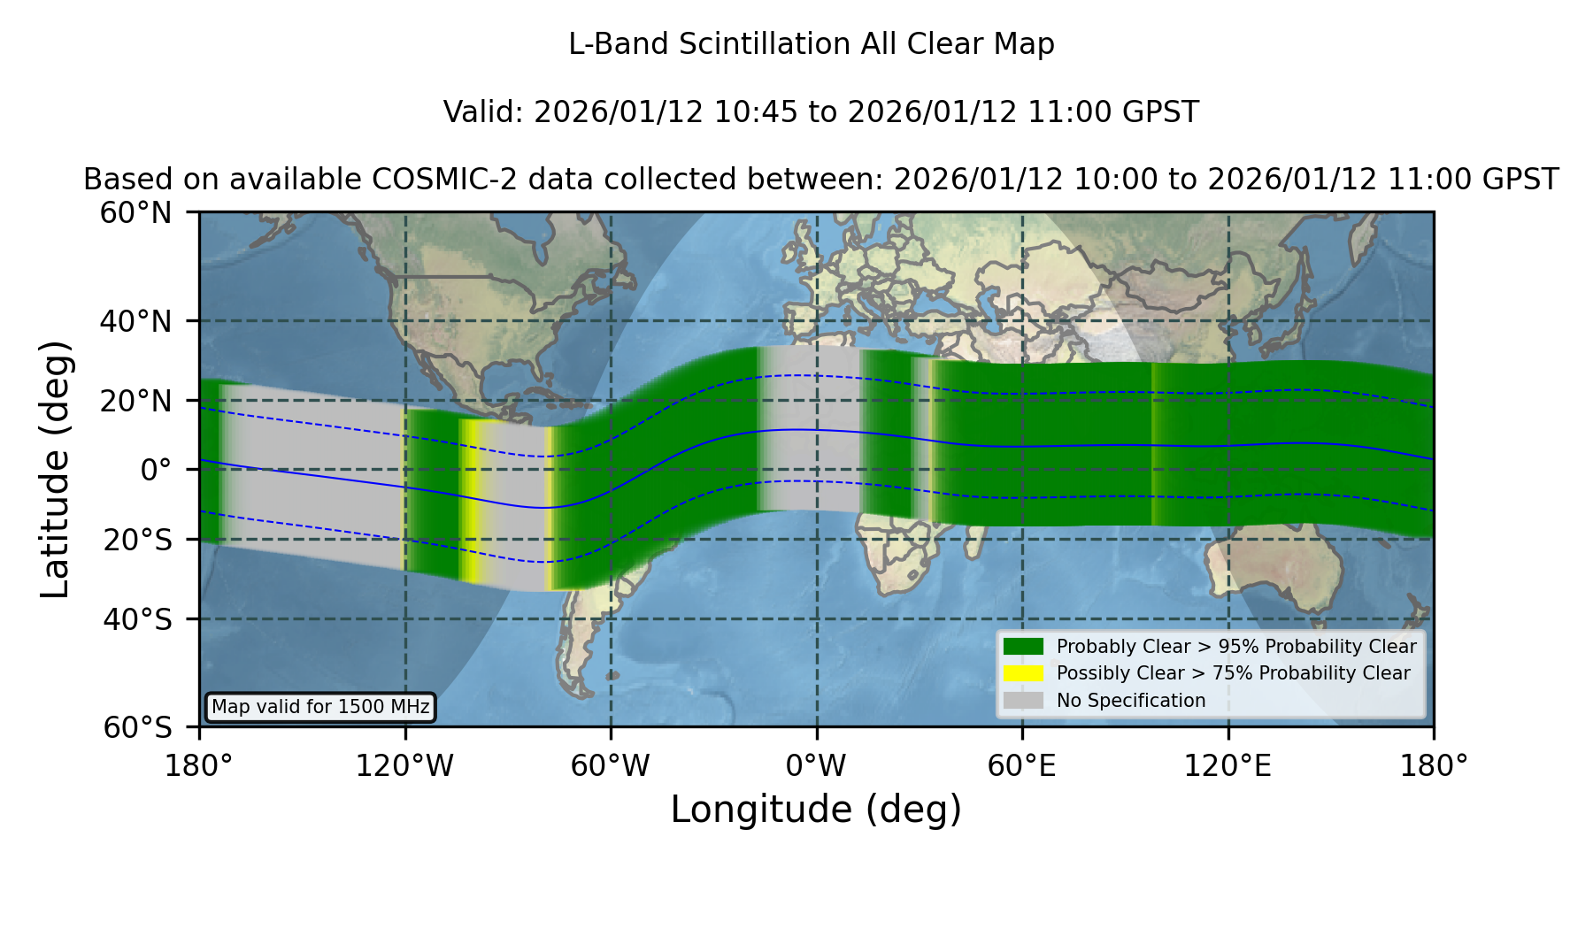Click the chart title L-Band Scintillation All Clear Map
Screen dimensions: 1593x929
(x=811, y=44)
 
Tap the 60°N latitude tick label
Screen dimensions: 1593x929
(x=135, y=213)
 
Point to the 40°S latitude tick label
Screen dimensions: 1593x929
(x=137, y=619)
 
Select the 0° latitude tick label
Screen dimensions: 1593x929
(x=156, y=470)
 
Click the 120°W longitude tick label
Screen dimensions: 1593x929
(x=404, y=766)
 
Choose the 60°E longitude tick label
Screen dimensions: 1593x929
(x=1022, y=766)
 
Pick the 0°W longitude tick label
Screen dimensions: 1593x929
(x=816, y=766)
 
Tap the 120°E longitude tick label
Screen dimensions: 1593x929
(x=1227, y=766)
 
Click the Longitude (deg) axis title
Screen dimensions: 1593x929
(x=816, y=810)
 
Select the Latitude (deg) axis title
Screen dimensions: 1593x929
(x=55, y=469)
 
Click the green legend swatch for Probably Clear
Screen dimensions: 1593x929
(x=1024, y=647)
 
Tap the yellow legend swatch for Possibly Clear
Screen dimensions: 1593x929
(x=1024, y=673)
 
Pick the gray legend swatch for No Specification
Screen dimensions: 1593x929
(x=1024, y=701)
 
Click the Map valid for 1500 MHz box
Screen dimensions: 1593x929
(x=320, y=707)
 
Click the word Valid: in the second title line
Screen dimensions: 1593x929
(x=484, y=112)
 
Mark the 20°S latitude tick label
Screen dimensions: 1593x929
(x=137, y=540)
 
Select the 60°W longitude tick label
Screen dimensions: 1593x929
(x=610, y=766)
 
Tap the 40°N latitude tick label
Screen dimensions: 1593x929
(x=135, y=321)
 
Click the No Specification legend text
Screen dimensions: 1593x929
(x=1131, y=701)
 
